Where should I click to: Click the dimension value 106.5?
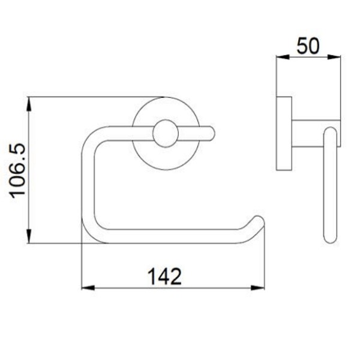click(x=16, y=170)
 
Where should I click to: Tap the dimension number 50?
click(x=307, y=45)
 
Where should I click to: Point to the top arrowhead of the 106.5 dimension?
click(x=28, y=104)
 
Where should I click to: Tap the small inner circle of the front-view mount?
click(x=165, y=133)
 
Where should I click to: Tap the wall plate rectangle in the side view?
click(x=284, y=133)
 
